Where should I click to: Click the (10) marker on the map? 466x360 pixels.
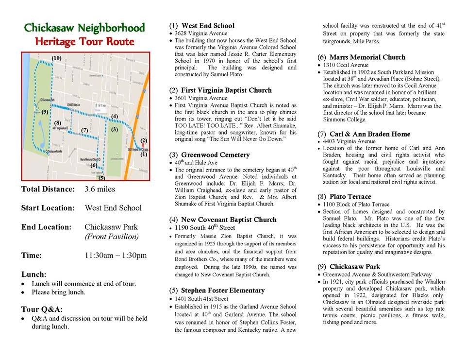click(x=56, y=58)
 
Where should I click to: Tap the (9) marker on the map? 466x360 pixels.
click(x=44, y=112)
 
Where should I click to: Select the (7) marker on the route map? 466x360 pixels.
click(x=84, y=130)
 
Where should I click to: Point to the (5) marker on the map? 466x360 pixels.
click(x=101, y=177)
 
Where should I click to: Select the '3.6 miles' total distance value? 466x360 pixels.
click(x=100, y=189)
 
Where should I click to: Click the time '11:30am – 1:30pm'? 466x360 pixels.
click(x=116, y=256)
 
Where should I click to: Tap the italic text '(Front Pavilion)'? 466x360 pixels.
click(x=111, y=237)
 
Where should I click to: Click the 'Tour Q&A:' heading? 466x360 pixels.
click(x=42, y=309)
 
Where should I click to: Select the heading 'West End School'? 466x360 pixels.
click(x=207, y=26)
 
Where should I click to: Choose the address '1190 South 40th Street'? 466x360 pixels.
click(x=204, y=227)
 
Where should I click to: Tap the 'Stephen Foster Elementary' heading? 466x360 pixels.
click(x=223, y=291)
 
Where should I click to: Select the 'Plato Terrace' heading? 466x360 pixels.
click(x=350, y=197)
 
